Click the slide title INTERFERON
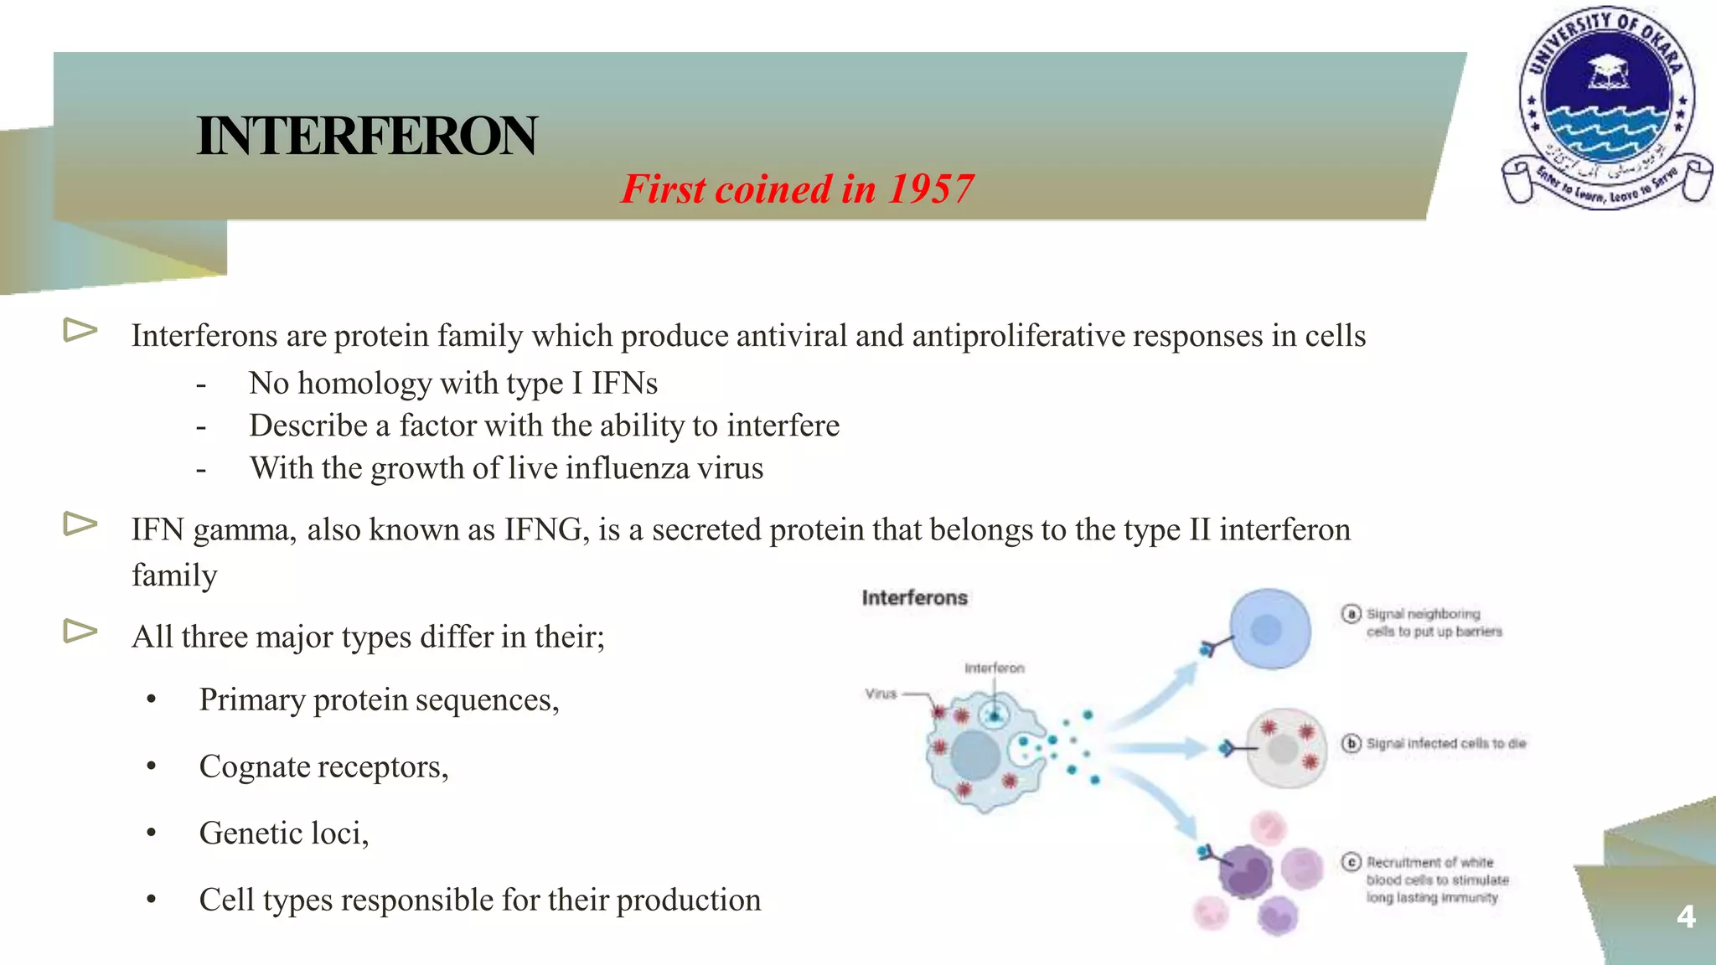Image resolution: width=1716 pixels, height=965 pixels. click(367, 136)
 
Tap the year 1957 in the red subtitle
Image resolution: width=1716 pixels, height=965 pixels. click(931, 189)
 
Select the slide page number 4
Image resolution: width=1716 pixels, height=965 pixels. click(1686, 916)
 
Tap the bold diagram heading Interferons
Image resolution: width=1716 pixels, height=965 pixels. click(914, 598)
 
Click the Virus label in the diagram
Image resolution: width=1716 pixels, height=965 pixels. click(881, 694)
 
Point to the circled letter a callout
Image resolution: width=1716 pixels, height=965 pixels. click(1351, 614)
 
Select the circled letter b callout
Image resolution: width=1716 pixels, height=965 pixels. click(1351, 743)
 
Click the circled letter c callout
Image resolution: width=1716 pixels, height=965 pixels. click(1351, 862)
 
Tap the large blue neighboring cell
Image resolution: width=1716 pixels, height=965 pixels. click(1269, 629)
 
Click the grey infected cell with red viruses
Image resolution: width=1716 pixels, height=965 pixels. click(1286, 749)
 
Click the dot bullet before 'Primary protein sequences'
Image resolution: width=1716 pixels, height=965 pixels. click(151, 700)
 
